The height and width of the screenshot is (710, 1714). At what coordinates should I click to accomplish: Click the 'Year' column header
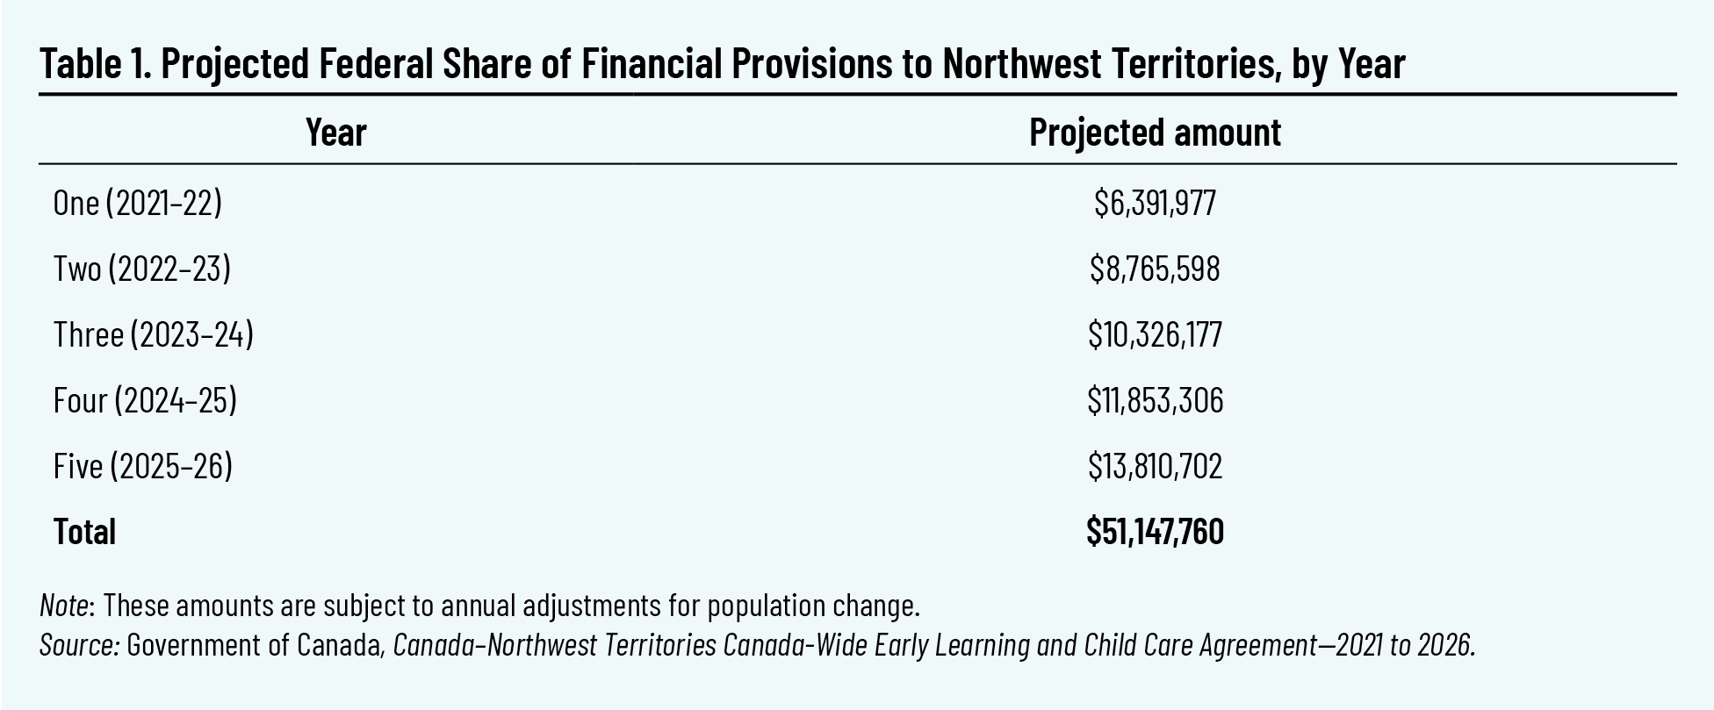(x=335, y=133)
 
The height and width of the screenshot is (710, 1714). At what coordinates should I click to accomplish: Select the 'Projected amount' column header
(x=1155, y=133)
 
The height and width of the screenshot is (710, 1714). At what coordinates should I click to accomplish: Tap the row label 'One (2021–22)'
(x=138, y=203)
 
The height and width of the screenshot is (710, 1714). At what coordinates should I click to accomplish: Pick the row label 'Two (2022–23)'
(x=142, y=269)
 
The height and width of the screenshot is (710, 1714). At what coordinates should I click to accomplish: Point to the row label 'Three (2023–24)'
(x=154, y=334)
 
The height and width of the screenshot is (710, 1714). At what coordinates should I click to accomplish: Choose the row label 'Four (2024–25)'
(x=145, y=400)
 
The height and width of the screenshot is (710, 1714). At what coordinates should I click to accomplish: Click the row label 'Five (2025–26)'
(x=143, y=466)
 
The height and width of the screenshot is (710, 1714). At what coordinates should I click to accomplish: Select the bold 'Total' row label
(x=84, y=532)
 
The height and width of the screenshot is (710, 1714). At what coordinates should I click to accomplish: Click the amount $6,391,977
(x=1155, y=203)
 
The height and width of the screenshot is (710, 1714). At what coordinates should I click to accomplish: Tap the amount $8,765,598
(x=1155, y=269)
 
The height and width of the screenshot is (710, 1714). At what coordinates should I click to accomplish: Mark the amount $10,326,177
(x=1155, y=334)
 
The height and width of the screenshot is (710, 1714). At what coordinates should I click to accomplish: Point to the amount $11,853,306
(x=1155, y=400)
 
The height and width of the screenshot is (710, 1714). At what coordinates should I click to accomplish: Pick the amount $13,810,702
(x=1155, y=466)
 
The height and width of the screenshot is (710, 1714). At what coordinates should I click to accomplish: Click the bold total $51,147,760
(x=1155, y=532)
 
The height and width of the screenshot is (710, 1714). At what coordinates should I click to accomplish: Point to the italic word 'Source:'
(x=79, y=645)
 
